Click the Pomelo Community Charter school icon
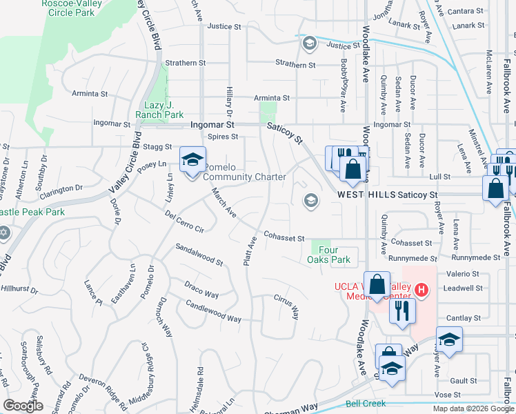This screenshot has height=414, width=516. [193, 160]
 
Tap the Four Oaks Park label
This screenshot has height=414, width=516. [329, 255]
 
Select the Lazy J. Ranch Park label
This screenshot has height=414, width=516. [159, 109]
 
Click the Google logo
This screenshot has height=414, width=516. [22, 406]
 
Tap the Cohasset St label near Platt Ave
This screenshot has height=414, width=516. [281, 237]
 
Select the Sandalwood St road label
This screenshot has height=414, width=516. [199, 254]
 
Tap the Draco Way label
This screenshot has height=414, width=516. [201, 289]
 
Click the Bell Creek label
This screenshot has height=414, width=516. [366, 403]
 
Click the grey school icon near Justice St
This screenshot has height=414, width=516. [309, 43]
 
